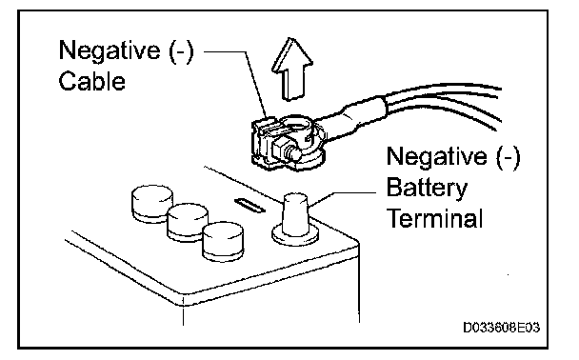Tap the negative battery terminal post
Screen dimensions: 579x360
(295, 213)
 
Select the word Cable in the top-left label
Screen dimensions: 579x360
(92, 81)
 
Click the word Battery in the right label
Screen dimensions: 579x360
(427, 188)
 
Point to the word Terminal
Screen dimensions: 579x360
(434, 218)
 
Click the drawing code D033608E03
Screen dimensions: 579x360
(502, 328)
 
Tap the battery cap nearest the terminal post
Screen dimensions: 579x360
(223, 241)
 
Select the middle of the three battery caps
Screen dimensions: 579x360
(188, 222)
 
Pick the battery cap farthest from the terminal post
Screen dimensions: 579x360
(152, 204)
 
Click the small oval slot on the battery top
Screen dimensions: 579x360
(250, 206)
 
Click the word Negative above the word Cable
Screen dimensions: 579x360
(110, 50)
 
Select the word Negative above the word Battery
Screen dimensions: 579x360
(437, 156)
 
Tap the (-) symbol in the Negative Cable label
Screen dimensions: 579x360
(181, 50)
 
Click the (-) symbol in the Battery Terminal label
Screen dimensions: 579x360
(509, 157)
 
